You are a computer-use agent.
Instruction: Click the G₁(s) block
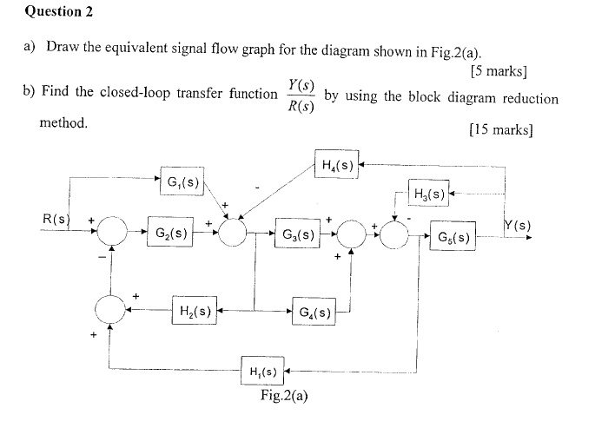(x=181, y=183)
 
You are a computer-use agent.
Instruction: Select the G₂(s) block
(x=169, y=234)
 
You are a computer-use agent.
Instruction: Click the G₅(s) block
(x=453, y=236)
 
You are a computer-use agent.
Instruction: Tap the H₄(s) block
(x=336, y=165)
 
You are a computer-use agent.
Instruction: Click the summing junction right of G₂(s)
(x=233, y=233)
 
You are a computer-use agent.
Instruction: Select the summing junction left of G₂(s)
(x=110, y=233)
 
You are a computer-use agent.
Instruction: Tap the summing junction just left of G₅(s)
(x=395, y=234)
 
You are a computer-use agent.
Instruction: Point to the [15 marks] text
(x=499, y=130)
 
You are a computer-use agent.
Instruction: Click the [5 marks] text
(x=498, y=70)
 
